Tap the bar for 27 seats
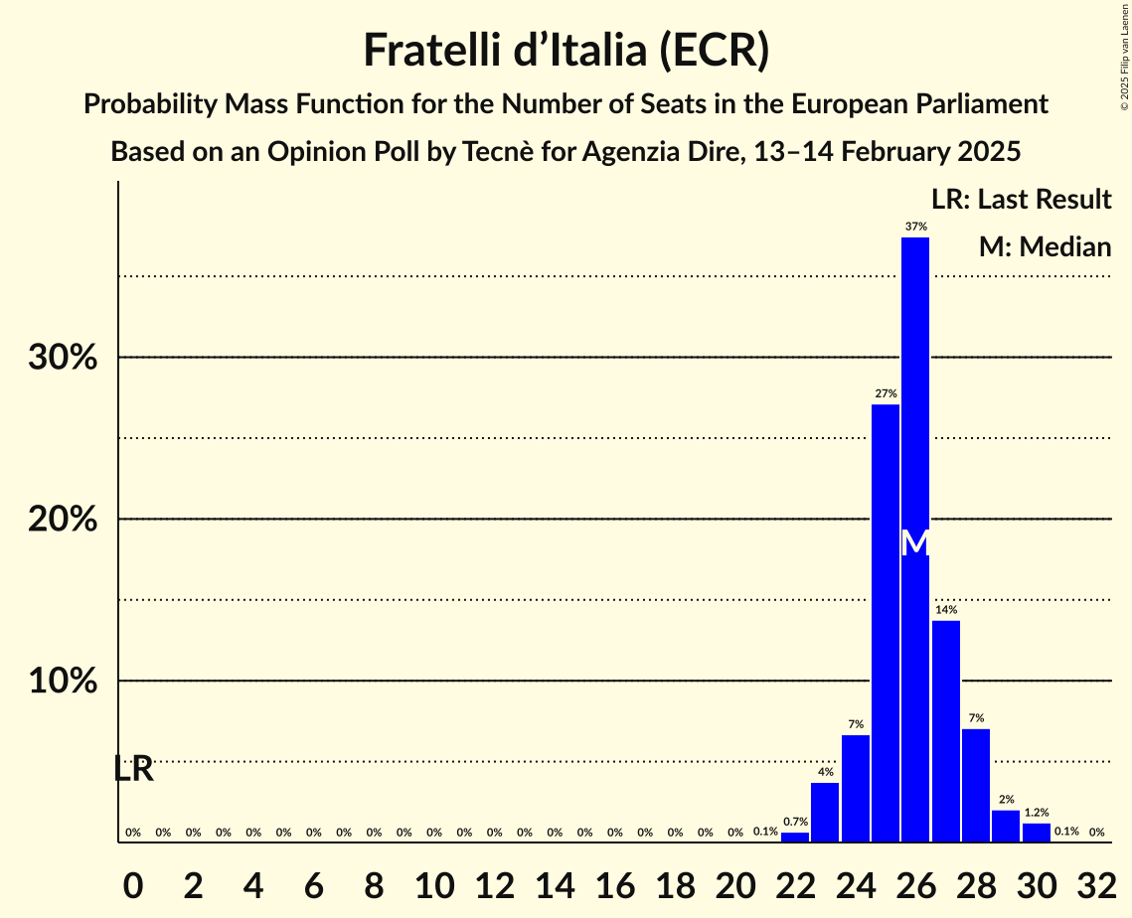pyautogui.click(x=946, y=730)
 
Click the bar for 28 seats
pyautogui.click(x=976, y=785)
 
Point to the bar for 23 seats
pyautogui.click(x=825, y=812)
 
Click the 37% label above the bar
pyautogui.click(x=915, y=227)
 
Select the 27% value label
pyautogui.click(x=886, y=393)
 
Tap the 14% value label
pyautogui.click(x=946, y=610)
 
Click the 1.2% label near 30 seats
pyautogui.click(x=1036, y=813)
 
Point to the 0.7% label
pyautogui.click(x=795, y=822)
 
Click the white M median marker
pyautogui.click(x=915, y=543)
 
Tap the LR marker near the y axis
pyautogui.click(x=133, y=769)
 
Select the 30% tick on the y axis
pyautogui.click(x=63, y=358)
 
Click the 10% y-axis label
pyautogui.click(x=63, y=682)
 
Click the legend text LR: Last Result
pyautogui.click(x=1021, y=200)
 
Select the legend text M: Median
pyautogui.click(x=1045, y=247)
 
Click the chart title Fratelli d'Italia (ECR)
pyautogui.click(x=566, y=51)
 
